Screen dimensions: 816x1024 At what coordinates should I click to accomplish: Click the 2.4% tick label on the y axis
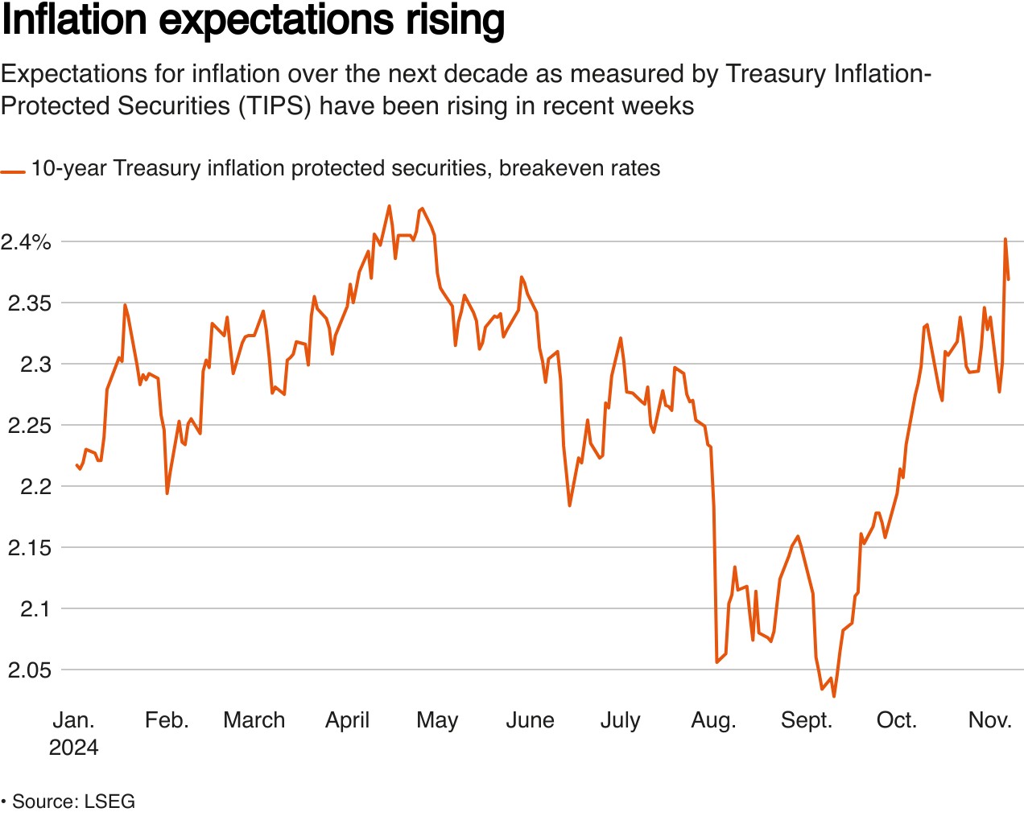26,242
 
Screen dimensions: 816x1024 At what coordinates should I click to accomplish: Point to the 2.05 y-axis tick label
30,670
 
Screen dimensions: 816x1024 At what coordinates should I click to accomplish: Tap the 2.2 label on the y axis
36,487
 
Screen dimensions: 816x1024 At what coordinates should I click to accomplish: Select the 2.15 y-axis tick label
30,548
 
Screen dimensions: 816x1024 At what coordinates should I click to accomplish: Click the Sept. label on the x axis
806,720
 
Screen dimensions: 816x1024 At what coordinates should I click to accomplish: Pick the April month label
347,720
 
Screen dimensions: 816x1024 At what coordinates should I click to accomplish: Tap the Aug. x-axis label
713,720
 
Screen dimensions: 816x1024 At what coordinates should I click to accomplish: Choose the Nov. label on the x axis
989,720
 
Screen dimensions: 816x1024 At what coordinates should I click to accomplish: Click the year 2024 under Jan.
73,748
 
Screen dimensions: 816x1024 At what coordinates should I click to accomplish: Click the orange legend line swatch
13,171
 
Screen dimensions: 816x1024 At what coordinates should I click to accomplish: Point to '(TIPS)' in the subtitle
275,106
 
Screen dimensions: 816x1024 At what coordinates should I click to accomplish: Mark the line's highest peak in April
390,206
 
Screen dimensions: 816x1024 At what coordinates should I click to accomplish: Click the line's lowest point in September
834,696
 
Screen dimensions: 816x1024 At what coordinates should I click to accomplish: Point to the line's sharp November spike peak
1005,239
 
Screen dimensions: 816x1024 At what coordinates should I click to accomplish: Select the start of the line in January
76,464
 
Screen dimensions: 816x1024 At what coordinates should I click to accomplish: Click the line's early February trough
167,492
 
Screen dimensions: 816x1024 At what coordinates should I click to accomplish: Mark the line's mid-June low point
569,505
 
